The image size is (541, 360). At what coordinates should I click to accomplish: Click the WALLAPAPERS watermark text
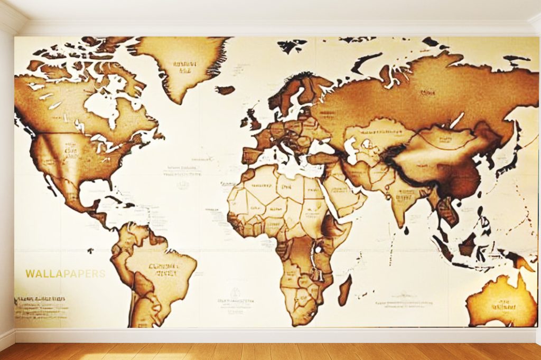65,274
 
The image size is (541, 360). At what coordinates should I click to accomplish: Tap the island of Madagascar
344,290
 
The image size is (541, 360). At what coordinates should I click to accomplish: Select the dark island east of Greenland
226,90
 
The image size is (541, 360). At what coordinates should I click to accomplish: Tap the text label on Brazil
162,270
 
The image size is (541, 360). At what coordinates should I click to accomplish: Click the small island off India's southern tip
406,230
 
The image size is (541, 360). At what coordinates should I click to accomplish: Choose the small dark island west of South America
90,250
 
